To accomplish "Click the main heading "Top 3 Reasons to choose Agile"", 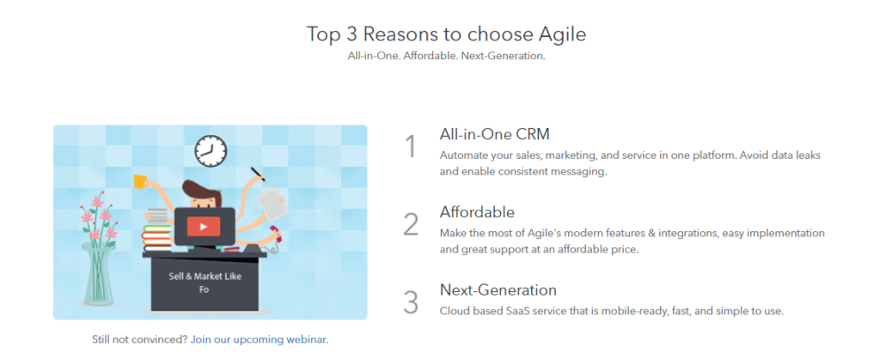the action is pyautogui.click(x=446, y=34).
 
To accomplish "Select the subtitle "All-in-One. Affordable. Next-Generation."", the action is pyautogui.click(x=446, y=56).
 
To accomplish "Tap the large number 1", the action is pyautogui.click(x=411, y=147).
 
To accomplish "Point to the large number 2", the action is pyautogui.click(x=411, y=224).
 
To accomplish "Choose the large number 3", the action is pyautogui.click(x=411, y=302).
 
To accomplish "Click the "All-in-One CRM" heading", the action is pyautogui.click(x=494, y=135).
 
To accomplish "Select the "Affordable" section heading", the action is pyautogui.click(x=477, y=212).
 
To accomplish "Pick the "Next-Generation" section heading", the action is pyautogui.click(x=498, y=290).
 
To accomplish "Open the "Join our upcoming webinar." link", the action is pyautogui.click(x=260, y=339).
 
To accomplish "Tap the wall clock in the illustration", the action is pyautogui.click(x=211, y=151).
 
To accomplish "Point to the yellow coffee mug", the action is pyautogui.click(x=140, y=181).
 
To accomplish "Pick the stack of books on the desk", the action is pyautogui.click(x=158, y=230).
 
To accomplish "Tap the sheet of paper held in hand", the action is pyautogui.click(x=271, y=204).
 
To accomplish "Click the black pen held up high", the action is pyautogui.click(x=258, y=172).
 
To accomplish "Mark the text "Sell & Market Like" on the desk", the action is pyautogui.click(x=205, y=277).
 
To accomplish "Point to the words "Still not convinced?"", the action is pyautogui.click(x=139, y=339).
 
